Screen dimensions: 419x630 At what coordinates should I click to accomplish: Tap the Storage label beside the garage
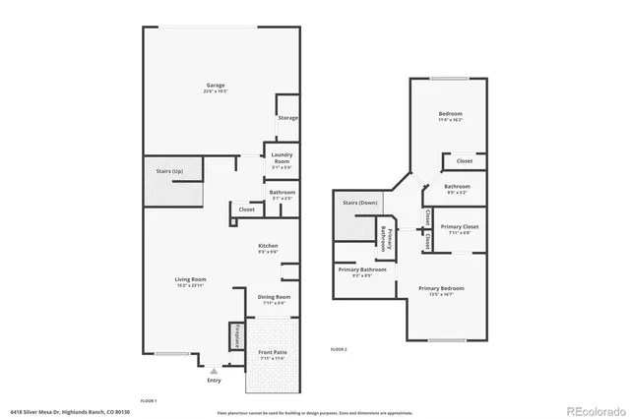point(287,118)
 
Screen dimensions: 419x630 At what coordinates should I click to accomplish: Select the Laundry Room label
point(282,158)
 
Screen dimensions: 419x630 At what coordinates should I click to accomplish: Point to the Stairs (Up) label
point(169,172)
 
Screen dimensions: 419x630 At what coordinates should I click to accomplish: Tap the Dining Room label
point(274,297)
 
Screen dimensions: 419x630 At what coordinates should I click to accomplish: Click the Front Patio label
point(272,352)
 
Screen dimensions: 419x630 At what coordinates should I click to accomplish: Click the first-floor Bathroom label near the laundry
point(282,193)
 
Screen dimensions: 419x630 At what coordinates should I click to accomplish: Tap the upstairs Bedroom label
point(451,114)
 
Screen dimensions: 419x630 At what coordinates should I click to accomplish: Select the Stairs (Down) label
point(358,203)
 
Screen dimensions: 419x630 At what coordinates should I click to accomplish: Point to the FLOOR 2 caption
point(340,349)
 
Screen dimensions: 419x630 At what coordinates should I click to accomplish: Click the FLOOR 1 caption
point(149,400)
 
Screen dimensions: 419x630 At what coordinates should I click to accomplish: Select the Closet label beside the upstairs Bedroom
point(464,160)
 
